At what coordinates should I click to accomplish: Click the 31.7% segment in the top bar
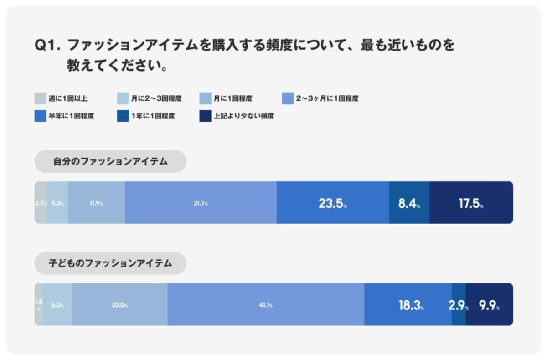coord(201,203)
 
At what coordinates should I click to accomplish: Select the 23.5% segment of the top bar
coord(333,203)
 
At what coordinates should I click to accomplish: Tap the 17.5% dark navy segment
coord(471,203)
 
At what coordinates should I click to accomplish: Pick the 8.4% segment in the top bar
coord(409,203)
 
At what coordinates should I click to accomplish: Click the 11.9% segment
coord(97,203)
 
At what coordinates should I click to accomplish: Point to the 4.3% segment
coord(58,203)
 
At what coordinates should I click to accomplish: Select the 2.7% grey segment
coord(41,203)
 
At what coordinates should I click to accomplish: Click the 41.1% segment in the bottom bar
coord(265,304)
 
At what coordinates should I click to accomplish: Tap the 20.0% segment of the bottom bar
coord(119,304)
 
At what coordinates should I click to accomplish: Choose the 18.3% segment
coord(408,304)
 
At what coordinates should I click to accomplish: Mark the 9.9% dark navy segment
coord(489,304)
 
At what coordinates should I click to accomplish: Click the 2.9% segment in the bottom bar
coord(459,304)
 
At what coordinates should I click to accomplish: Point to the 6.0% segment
coord(57,304)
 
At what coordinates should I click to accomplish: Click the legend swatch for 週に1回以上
coord(40,98)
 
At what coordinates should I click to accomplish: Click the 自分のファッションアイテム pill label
coord(110,161)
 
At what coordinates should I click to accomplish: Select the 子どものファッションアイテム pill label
coord(110,263)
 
